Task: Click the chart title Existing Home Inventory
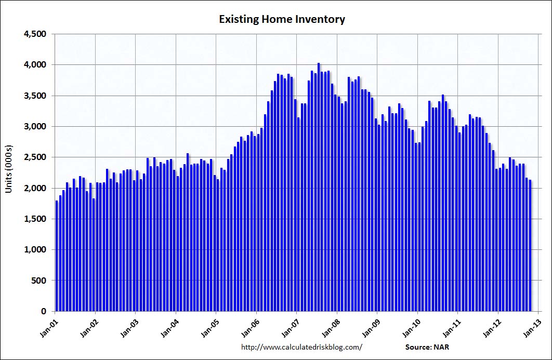coord(282,20)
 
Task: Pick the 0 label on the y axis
coord(44,311)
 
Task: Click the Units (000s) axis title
coord(9,172)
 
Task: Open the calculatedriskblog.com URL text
coord(301,346)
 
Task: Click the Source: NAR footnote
coord(426,346)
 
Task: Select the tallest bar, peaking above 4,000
coord(319,187)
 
